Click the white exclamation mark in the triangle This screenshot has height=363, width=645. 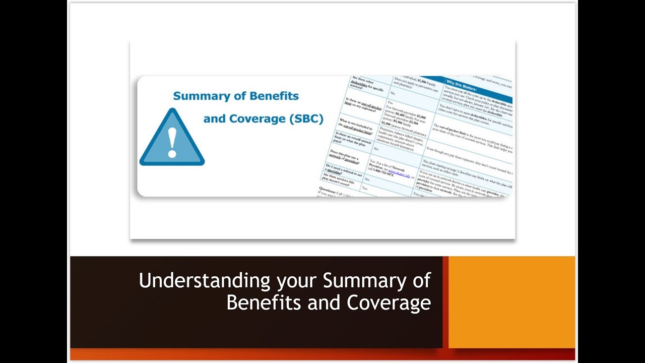172,142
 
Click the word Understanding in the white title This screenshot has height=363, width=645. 205,281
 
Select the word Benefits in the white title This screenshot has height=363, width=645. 257,302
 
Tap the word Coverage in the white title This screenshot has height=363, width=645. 389,302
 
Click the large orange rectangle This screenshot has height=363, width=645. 511,302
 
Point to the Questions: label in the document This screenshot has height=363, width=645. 330,190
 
